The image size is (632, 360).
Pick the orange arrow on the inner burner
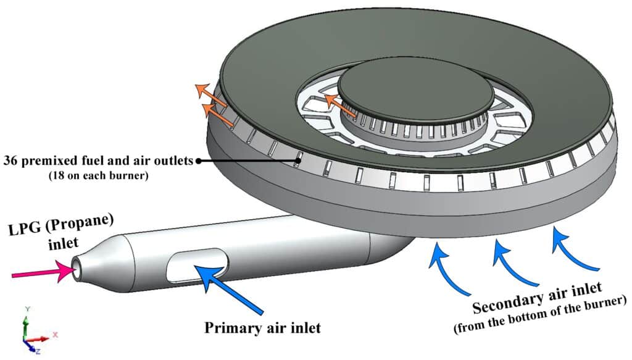[339, 105]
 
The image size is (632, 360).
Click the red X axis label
[55, 334]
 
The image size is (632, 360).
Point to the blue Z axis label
[38, 351]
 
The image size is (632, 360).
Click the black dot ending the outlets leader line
[199, 161]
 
